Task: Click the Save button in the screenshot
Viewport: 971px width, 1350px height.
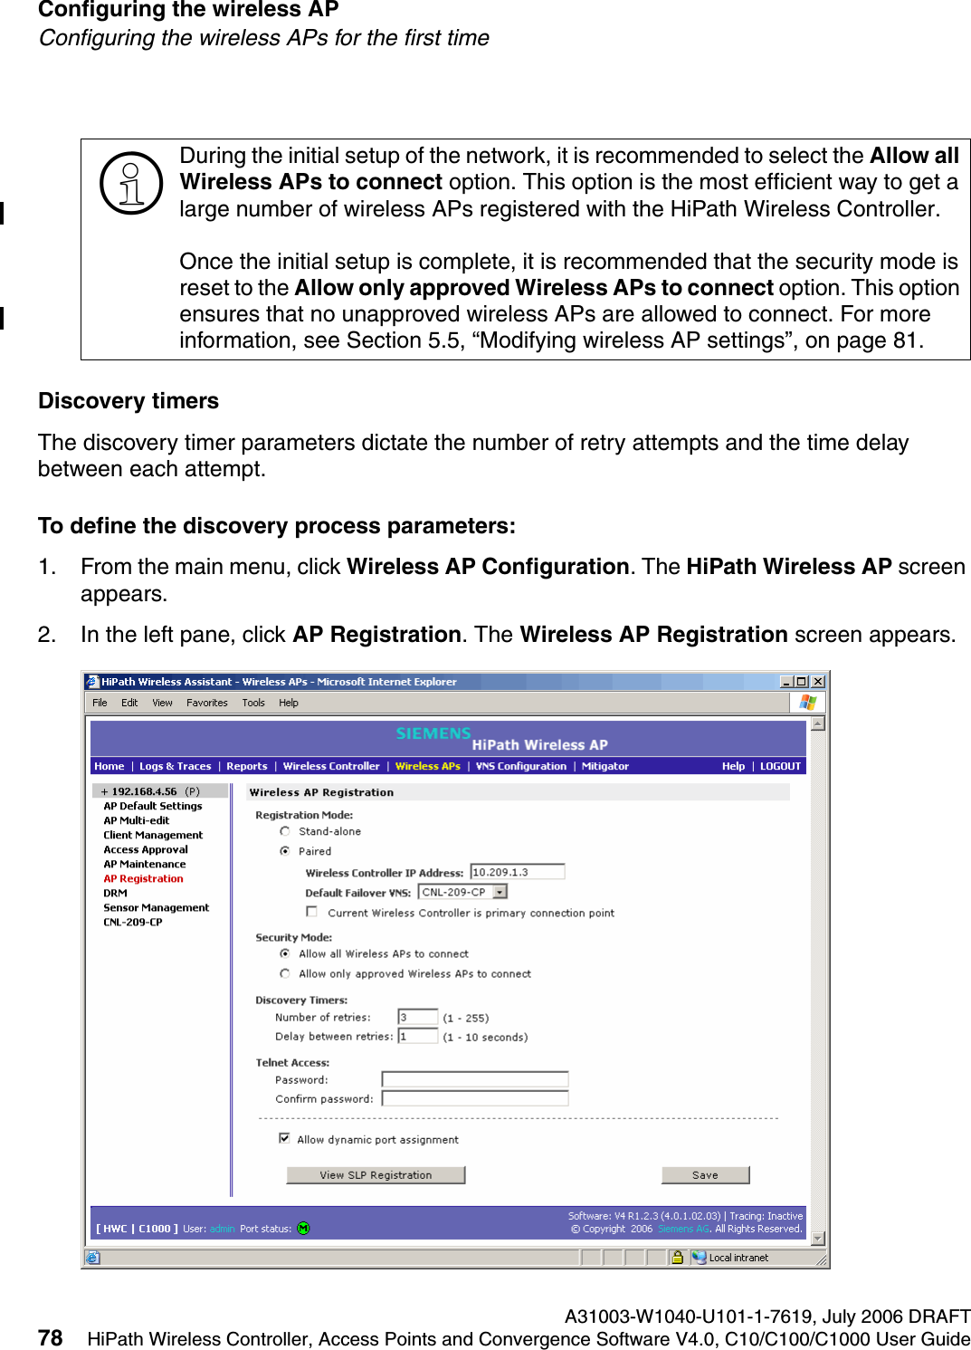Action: [705, 1174]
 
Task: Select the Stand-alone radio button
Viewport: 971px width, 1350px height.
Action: [285, 831]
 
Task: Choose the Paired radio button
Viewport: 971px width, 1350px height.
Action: [285, 851]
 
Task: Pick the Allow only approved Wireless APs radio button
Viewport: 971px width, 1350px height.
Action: [285, 973]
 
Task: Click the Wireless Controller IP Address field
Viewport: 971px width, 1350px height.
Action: [517, 872]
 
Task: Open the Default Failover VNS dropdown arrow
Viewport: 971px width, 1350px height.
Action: [500, 892]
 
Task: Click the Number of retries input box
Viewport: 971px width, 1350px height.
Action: [417, 1017]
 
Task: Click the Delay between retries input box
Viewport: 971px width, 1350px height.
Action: [417, 1036]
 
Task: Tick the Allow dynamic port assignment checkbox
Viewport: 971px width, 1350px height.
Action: [284, 1139]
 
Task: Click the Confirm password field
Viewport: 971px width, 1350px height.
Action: [474, 1098]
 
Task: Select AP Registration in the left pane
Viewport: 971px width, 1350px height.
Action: [143, 878]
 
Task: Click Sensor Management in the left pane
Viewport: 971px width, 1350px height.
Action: [156, 907]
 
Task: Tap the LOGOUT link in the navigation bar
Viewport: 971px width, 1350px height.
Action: [780, 766]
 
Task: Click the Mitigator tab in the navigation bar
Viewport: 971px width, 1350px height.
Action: [604, 766]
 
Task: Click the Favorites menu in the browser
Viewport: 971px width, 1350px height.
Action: [206, 703]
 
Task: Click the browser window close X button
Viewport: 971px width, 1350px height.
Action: [817, 682]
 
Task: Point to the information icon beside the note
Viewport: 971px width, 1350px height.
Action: [131, 183]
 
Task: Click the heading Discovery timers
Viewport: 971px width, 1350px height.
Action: [129, 401]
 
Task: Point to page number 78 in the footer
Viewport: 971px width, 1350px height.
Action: [51, 1337]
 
